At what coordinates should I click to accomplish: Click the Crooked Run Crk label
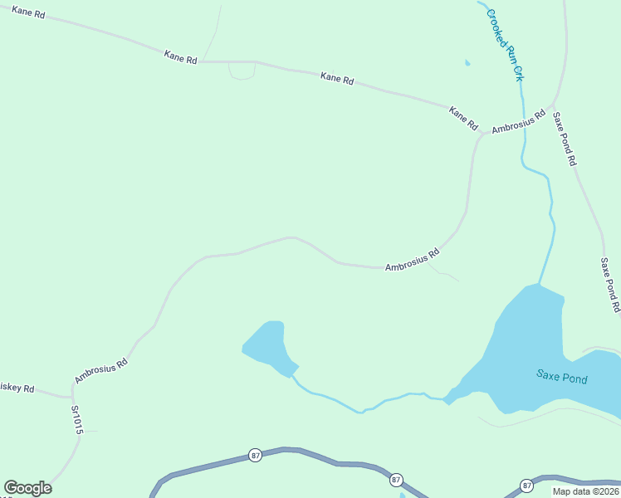coord(506,45)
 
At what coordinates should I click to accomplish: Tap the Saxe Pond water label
coord(561,378)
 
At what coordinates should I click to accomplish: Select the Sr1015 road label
coord(77,420)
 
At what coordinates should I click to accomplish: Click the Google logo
coord(27,487)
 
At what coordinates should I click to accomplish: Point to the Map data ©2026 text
coord(585,491)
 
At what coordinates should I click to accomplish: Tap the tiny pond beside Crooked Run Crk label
coord(467,62)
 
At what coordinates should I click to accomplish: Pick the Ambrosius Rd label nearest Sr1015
coord(100,370)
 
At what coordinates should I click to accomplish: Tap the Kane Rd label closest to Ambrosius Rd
coord(463,118)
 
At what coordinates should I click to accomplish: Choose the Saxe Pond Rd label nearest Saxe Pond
coord(610,285)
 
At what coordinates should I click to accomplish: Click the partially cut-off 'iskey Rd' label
coord(17,388)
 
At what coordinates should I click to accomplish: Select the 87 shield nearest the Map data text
coord(526,485)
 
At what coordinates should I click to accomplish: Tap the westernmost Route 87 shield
coord(255,455)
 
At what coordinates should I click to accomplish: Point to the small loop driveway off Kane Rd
coord(242,71)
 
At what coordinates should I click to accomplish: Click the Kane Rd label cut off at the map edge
coord(28,14)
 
